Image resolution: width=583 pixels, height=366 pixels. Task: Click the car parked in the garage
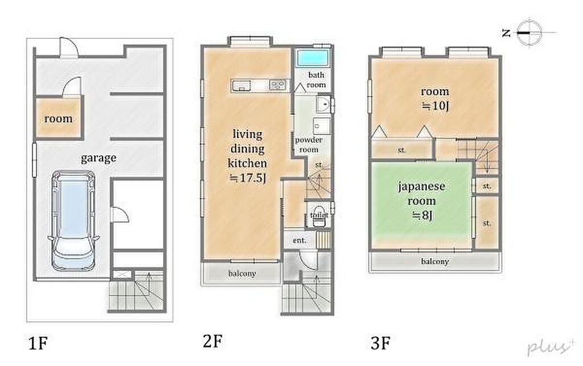pyautogui.click(x=73, y=220)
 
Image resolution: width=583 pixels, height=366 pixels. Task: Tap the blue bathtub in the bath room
pyautogui.click(x=313, y=58)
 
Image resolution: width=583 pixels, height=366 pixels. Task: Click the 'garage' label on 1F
pyautogui.click(x=98, y=158)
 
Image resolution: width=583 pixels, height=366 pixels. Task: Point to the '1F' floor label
pyautogui.click(x=38, y=343)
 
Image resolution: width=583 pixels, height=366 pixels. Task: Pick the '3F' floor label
pyautogui.click(x=380, y=343)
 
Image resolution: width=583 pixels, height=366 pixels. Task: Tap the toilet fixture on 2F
pyautogui.click(x=318, y=216)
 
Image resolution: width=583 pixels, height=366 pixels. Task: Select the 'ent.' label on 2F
pyautogui.click(x=299, y=240)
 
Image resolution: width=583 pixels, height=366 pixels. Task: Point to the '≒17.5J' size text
pyautogui.click(x=247, y=178)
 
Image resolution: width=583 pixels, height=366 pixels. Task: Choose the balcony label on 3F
pyautogui.click(x=434, y=262)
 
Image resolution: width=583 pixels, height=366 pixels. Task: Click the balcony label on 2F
pyautogui.click(x=241, y=274)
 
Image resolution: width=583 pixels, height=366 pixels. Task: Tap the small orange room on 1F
pyautogui.click(x=59, y=118)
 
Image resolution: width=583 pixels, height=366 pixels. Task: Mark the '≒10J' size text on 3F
pyautogui.click(x=435, y=106)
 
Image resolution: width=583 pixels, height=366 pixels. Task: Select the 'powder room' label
pyautogui.click(x=309, y=145)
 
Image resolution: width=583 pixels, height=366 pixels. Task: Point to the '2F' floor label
pyautogui.click(x=213, y=341)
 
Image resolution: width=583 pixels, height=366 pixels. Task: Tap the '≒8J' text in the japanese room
pyautogui.click(x=422, y=216)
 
